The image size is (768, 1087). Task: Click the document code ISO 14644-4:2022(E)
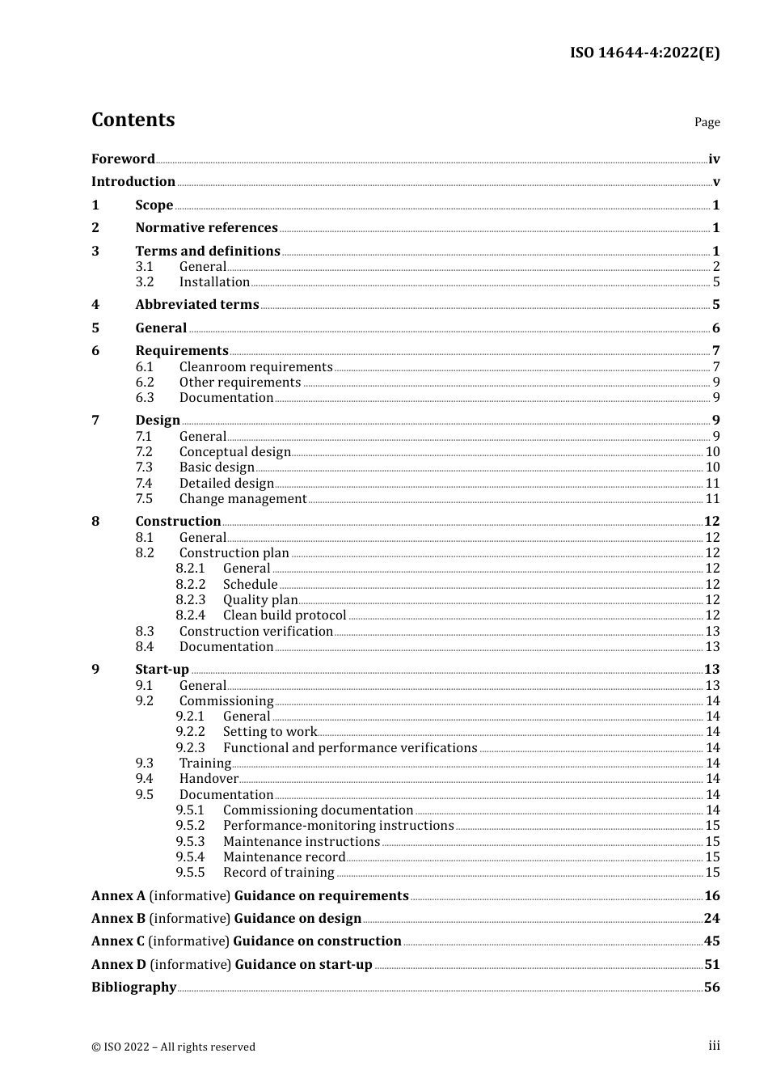[x=644, y=53]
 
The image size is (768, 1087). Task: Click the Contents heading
[x=133, y=120]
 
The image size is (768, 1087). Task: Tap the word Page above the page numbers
[x=707, y=122]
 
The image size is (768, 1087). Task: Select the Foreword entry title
[x=123, y=159]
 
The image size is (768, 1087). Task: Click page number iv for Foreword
[x=713, y=159]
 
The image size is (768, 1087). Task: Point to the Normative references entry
[x=206, y=228]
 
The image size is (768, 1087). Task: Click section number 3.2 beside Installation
[x=145, y=282]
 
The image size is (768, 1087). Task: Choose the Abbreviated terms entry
[x=197, y=305]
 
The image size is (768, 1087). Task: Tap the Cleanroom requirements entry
[x=255, y=367]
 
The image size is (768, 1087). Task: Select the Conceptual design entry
[x=234, y=452]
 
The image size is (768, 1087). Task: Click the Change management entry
[x=243, y=499]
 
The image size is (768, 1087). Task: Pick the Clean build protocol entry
[x=284, y=615]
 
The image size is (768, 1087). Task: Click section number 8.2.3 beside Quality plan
[x=191, y=600]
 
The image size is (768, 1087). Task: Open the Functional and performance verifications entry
[x=349, y=748]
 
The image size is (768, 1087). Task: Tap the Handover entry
[x=209, y=779]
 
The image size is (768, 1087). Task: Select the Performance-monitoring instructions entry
[x=338, y=826]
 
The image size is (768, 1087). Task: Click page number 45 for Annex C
[x=711, y=941]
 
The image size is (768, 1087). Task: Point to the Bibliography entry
[x=133, y=988]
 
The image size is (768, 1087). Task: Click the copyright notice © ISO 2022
[x=173, y=1047]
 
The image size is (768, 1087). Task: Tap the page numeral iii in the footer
[x=714, y=1046]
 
